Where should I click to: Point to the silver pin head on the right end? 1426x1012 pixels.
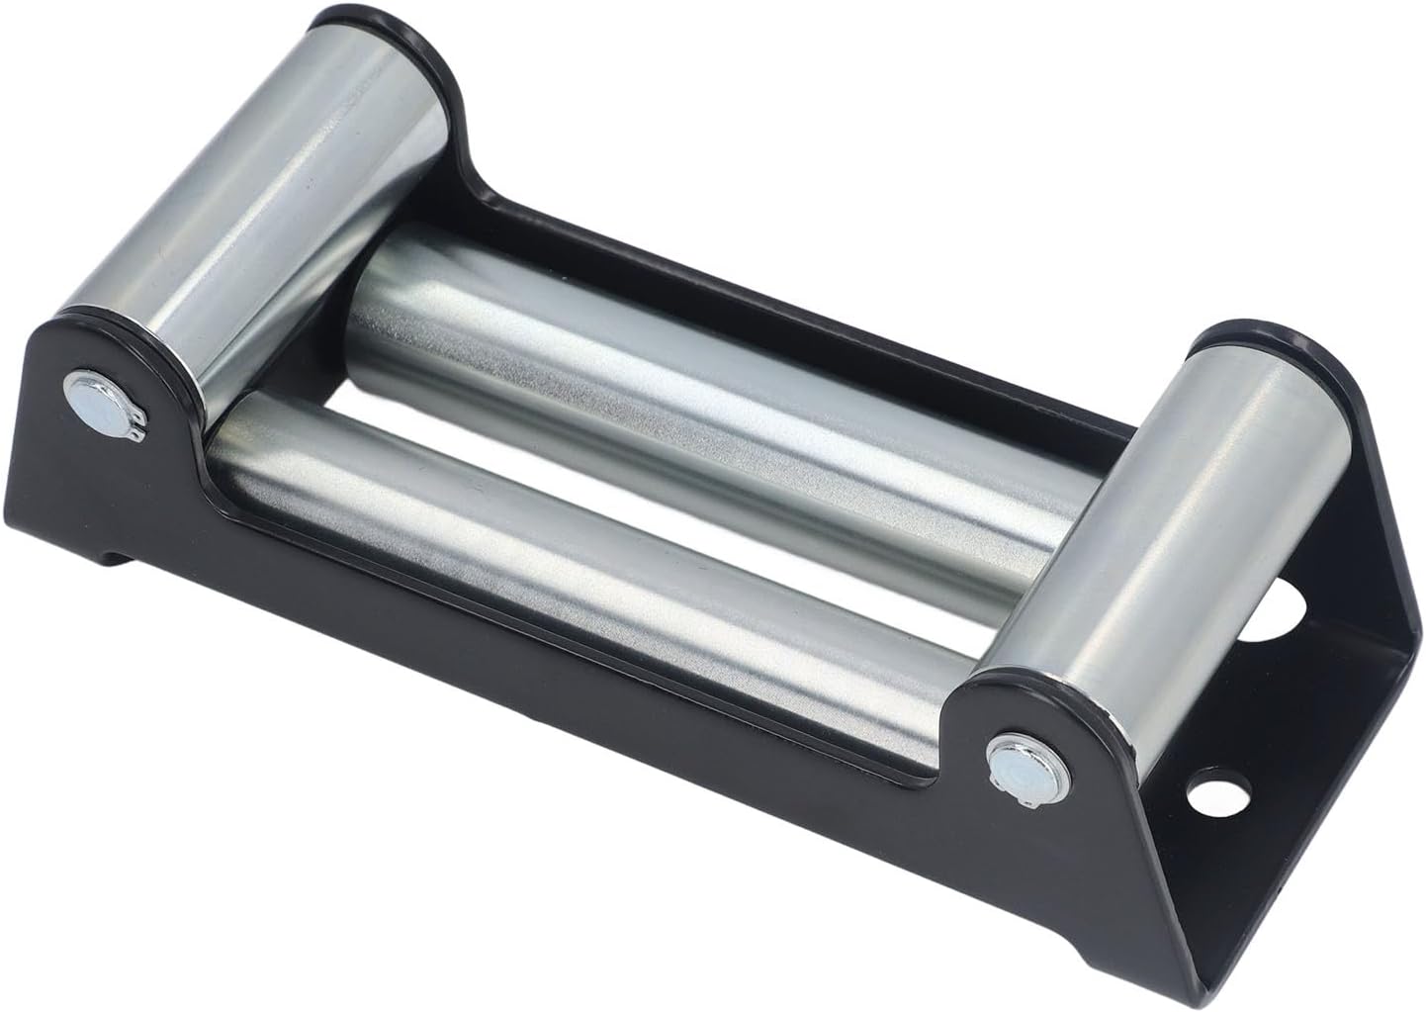[1008, 759]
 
